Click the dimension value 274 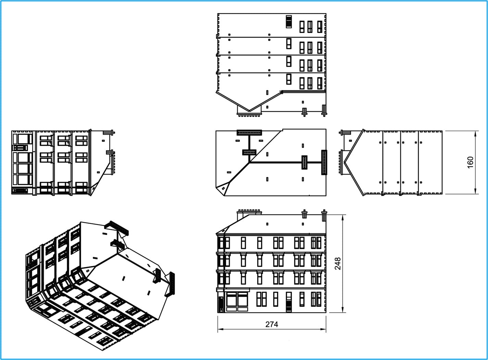(272, 324)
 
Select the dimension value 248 (338, 264)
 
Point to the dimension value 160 (470, 163)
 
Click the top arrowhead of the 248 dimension (342, 218)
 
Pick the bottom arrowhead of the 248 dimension (342, 309)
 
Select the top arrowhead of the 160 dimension (475, 134)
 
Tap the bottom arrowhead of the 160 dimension (475, 191)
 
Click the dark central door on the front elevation (289, 302)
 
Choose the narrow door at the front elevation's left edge (221, 304)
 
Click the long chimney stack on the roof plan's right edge (324, 163)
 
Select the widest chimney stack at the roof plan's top (249, 133)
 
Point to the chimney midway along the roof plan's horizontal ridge (304, 163)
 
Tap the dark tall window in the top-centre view (289, 22)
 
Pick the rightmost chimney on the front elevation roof (324, 215)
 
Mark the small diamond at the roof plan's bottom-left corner (223, 189)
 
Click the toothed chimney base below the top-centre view (249, 114)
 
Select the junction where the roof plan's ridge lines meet (250, 163)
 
